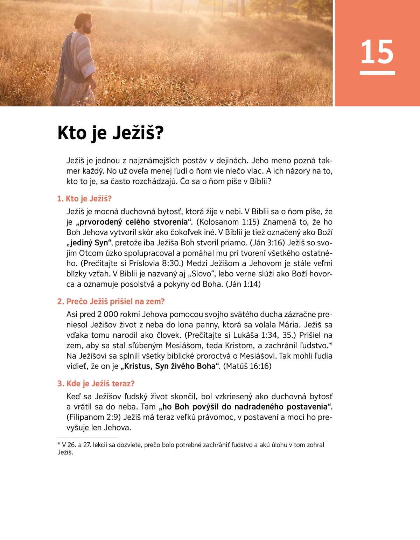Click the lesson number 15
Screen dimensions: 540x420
click(x=377, y=52)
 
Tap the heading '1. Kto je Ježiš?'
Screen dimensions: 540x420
click(x=84, y=199)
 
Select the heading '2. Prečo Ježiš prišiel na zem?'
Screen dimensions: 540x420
click(x=111, y=302)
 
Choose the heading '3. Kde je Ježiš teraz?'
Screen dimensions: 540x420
click(x=96, y=384)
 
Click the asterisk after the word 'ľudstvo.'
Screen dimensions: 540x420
click(x=330, y=345)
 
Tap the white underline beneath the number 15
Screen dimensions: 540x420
click(x=377, y=73)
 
